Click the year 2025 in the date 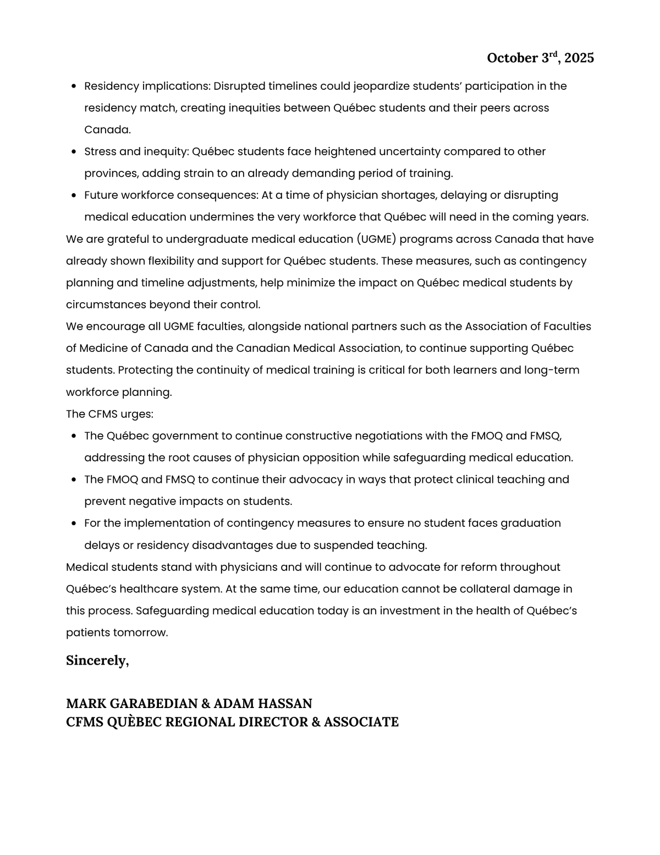(x=579, y=58)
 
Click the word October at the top (x=512, y=58)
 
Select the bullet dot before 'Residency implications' (x=74, y=86)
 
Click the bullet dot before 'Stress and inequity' (x=74, y=152)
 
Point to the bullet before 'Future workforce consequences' (x=74, y=195)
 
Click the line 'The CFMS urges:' (x=109, y=414)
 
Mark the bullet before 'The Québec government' (x=74, y=436)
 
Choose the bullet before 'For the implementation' (x=74, y=524)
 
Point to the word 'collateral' (x=483, y=589)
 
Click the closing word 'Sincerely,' (x=97, y=660)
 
